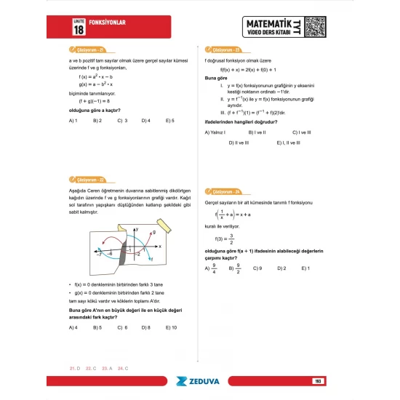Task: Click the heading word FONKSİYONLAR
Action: point(107,23)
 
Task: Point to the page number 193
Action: point(318,380)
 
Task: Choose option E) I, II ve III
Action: point(292,143)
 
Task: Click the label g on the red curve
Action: point(153,231)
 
